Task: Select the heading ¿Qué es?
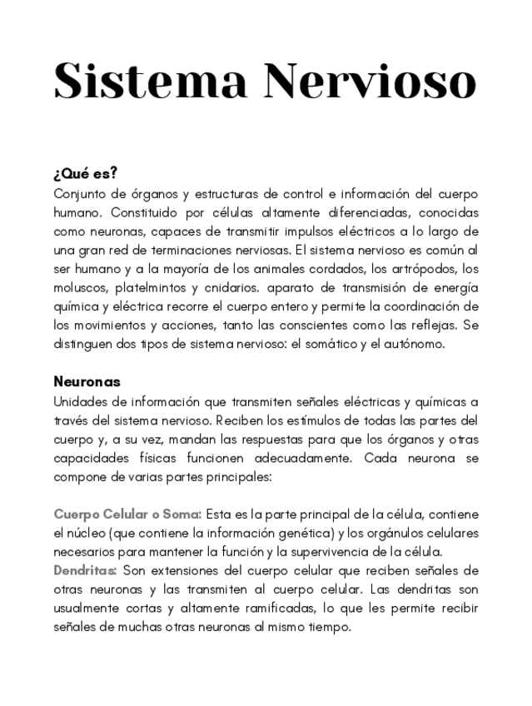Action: [85, 174]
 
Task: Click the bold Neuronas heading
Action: [87, 382]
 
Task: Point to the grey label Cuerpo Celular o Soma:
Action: [127, 515]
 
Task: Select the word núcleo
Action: [87, 533]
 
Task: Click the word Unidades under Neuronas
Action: [81, 400]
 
